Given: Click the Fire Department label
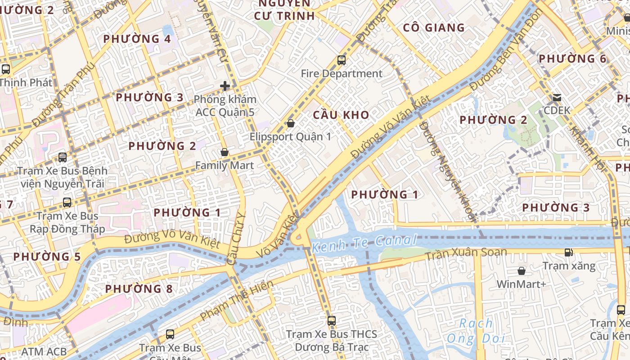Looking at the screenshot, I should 342,73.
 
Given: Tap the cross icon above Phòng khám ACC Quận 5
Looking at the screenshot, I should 225,85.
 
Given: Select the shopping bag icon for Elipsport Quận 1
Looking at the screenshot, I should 291,123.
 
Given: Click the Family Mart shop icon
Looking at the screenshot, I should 225,153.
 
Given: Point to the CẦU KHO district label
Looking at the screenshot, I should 341,115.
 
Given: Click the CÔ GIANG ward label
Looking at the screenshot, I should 434,27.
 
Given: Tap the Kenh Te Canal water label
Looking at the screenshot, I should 364,243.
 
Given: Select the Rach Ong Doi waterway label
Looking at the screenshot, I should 476,331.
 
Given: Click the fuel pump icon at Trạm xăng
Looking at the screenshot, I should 569,252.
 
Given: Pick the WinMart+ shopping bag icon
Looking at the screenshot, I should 521,271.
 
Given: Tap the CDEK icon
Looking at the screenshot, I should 557,98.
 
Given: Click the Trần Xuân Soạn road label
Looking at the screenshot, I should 466,254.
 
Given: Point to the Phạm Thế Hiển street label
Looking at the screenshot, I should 237,301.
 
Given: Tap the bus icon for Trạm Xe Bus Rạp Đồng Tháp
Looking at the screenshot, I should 67,202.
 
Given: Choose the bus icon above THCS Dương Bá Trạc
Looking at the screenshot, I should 332,321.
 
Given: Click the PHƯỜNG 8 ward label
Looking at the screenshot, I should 139,289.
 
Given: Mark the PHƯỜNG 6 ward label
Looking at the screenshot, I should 572,59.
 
